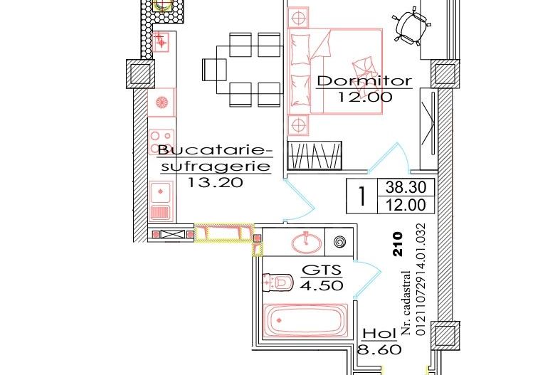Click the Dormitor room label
point(364,80)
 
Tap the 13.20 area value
point(216,182)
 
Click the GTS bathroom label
point(321,271)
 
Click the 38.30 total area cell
point(405,189)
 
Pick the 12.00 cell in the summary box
point(405,206)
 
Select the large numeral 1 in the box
point(362,197)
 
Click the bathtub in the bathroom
point(305,321)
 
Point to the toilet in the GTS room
point(278,283)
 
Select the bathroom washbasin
point(307,242)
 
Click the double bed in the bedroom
point(334,70)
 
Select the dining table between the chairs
point(243,68)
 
